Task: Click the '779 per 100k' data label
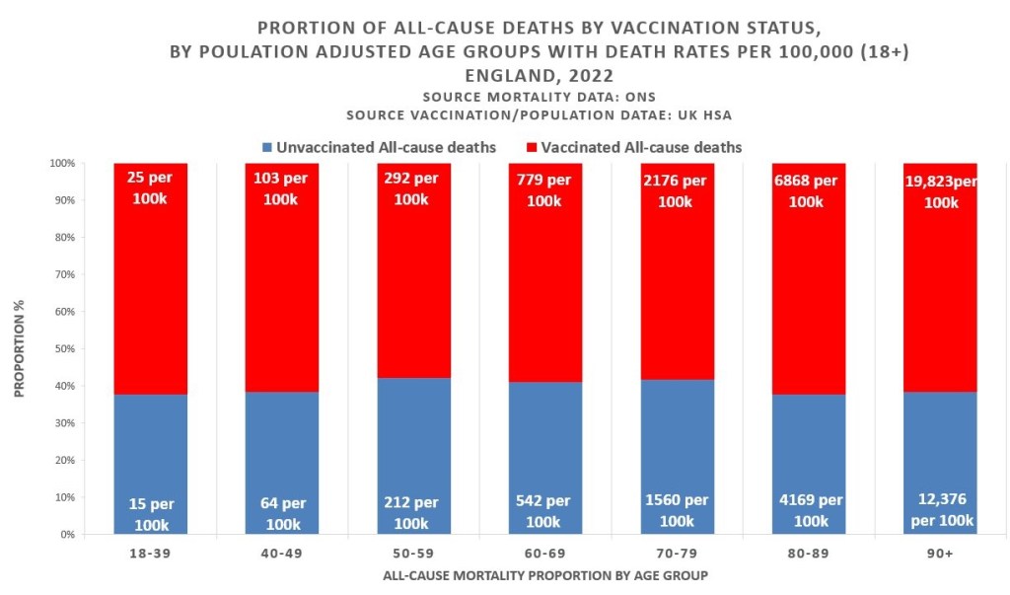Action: [544, 189]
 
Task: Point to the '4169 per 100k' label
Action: [808, 510]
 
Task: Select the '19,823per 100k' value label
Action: [940, 189]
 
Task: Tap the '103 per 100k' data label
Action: [282, 189]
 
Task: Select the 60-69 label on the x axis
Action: [544, 556]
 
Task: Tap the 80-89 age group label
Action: [808, 556]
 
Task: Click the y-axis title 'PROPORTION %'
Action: [20, 349]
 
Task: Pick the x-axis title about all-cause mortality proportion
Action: [544, 575]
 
